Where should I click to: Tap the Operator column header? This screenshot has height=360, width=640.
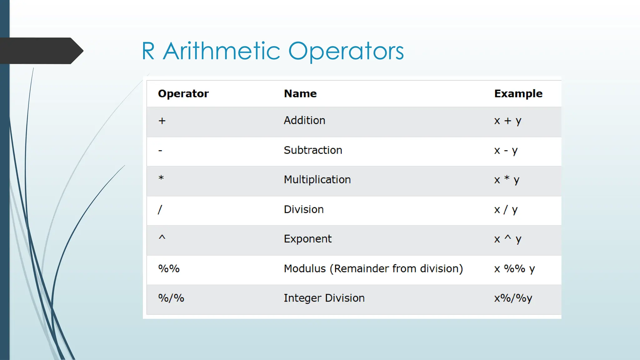coord(183,93)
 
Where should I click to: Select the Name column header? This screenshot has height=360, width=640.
coord(300,93)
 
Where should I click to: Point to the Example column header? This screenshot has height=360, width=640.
coord(518,93)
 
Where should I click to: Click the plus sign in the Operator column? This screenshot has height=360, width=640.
coord(162,121)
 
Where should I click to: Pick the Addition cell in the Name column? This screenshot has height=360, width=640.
coord(304,120)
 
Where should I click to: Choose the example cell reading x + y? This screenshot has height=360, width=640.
coord(507,121)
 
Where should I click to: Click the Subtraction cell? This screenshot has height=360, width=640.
coord(313,150)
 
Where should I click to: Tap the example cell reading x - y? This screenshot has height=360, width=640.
coord(506,150)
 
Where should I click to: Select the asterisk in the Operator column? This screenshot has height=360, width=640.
coord(161,178)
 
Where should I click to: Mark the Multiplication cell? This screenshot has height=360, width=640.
coord(317,180)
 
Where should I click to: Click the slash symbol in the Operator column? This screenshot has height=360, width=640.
coord(160,209)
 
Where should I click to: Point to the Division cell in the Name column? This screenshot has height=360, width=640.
coord(303,209)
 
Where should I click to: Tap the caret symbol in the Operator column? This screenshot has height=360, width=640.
coord(162,237)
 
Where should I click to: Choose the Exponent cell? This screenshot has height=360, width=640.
coord(307,239)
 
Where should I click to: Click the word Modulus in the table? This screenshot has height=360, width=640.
coord(305,268)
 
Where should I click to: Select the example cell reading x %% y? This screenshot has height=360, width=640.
coord(514,269)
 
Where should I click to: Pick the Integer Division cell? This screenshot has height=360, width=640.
coord(324,298)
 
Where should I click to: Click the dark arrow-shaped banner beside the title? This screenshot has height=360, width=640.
coord(41,51)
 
